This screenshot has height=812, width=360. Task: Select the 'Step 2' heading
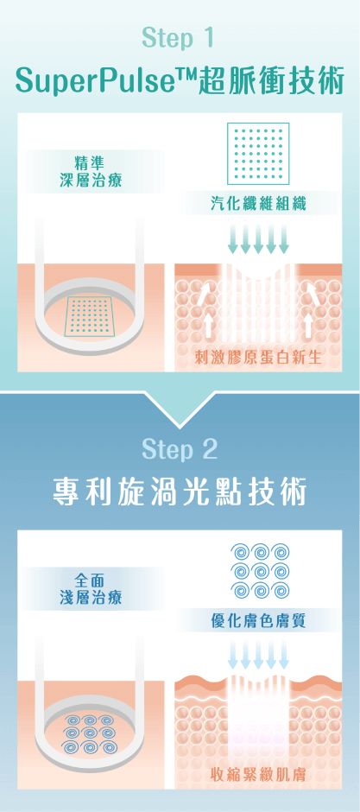click(x=179, y=449)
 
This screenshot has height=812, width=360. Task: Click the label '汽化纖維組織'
click(x=258, y=204)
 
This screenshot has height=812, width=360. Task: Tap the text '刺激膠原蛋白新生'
click(x=258, y=357)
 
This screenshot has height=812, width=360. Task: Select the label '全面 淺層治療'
click(x=92, y=590)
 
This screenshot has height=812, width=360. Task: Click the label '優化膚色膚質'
click(x=258, y=621)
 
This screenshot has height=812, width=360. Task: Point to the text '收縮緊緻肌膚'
click(x=258, y=775)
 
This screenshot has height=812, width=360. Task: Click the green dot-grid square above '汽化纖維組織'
click(x=258, y=153)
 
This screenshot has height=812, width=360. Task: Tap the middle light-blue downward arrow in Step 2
click(x=258, y=657)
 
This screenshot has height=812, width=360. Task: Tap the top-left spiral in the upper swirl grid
click(x=240, y=553)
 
